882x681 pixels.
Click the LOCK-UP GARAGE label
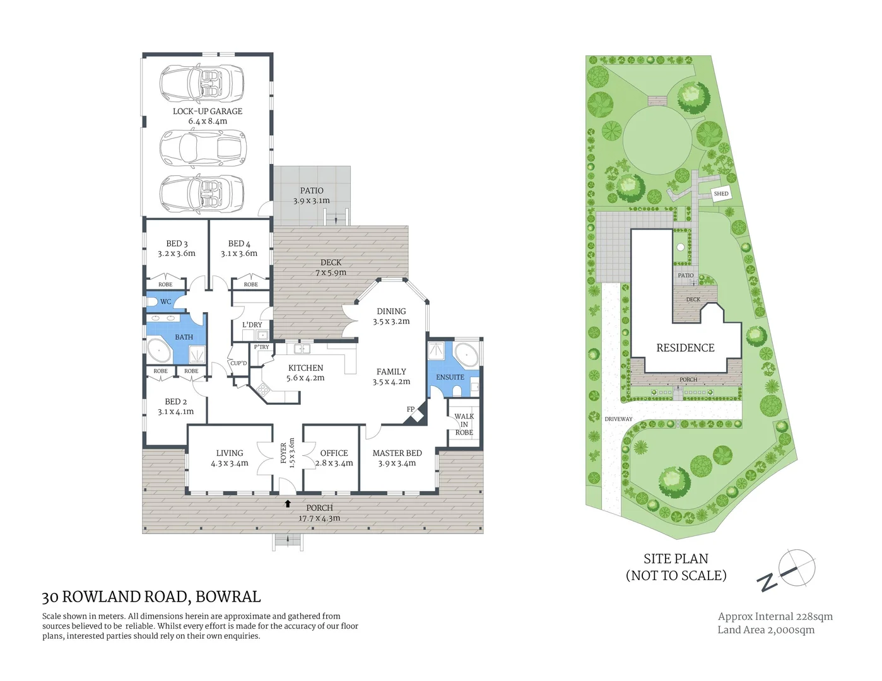[x=208, y=115]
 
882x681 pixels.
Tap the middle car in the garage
[x=201, y=148]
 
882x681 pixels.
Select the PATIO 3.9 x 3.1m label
[x=312, y=195]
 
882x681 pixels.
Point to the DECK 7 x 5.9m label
[x=331, y=267]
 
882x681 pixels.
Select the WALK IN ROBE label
[x=464, y=424]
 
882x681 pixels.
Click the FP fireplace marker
[x=411, y=409]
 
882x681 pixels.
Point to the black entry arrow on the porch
[x=288, y=503]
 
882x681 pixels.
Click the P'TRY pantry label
[x=261, y=347]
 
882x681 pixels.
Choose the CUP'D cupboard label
[x=238, y=363]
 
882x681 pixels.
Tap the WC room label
[x=165, y=301]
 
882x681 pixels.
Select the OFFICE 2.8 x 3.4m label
[x=334, y=458]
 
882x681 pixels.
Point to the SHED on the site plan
[x=721, y=194]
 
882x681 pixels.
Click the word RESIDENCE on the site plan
[x=685, y=347]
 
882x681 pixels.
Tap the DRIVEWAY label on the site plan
[x=618, y=419]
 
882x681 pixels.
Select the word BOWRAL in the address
[x=228, y=597]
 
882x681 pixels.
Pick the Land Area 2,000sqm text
[x=765, y=629]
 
